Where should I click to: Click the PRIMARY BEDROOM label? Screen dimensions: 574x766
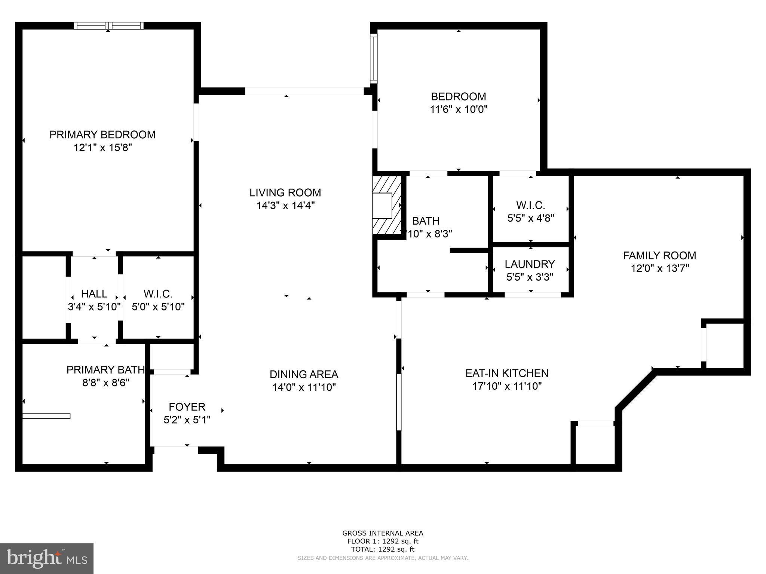pos(102,135)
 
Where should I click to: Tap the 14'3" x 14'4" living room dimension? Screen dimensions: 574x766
pos(285,206)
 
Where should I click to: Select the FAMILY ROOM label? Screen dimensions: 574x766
pos(659,256)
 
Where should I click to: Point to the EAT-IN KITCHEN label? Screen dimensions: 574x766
pos(507,373)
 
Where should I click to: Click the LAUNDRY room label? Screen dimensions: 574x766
pos(530,264)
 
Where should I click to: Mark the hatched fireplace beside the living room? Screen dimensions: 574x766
pos(387,206)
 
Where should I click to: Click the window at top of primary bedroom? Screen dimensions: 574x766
pos(108,25)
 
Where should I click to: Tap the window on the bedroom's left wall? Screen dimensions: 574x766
pos(373,58)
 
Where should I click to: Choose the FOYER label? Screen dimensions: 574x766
pos(187,407)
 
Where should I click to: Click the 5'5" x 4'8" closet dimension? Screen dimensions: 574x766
pos(530,218)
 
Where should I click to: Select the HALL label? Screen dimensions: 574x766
pos(94,294)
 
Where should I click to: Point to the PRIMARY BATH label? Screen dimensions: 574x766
pos(105,370)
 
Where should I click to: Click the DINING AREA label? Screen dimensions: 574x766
pos(304,374)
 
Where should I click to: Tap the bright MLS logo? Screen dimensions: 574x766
pos(47,559)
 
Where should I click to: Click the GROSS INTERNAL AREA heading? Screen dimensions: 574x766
pos(383,533)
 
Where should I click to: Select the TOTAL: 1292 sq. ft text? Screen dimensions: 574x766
pos(383,549)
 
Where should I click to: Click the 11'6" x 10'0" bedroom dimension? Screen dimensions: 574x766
pos(459,109)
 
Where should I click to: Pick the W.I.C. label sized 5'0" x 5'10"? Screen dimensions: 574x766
pos(158,294)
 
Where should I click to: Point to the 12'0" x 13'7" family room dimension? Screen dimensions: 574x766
pos(659,268)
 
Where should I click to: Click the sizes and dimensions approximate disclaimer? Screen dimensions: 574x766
pos(383,558)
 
